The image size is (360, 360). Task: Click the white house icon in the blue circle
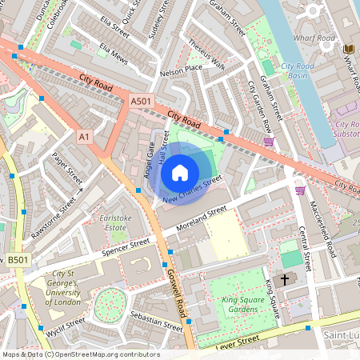(180, 172)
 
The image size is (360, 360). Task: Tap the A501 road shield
(140, 101)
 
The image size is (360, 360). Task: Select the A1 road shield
(84, 138)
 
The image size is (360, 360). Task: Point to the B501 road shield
(17, 260)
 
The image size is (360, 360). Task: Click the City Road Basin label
(297, 70)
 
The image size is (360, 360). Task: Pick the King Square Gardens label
(234, 305)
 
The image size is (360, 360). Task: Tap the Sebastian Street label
(157, 321)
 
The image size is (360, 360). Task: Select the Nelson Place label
(181, 70)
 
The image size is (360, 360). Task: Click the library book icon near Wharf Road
(348, 50)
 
